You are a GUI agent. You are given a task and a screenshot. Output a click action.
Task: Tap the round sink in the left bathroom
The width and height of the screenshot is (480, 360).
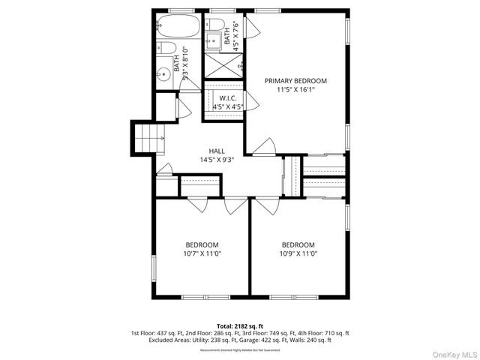(x=163, y=74)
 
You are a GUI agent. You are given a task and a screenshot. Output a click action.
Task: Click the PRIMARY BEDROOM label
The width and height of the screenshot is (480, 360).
(x=295, y=80)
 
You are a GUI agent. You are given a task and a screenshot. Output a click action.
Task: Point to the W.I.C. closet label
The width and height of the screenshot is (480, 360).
(x=228, y=97)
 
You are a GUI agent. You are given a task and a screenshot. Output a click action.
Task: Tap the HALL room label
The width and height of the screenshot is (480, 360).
(x=217, y=151)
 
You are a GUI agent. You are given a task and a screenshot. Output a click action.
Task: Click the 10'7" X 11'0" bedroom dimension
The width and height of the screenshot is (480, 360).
(x=202, y=253)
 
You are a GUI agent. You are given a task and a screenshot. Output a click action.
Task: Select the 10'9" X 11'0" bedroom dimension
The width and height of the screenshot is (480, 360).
(x=298, y=253)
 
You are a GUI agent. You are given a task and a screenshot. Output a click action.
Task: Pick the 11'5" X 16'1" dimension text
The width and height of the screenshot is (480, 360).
(x=295, y=89)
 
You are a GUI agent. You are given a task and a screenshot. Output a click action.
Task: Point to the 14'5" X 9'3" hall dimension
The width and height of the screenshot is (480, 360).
(x=217, y=160)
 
